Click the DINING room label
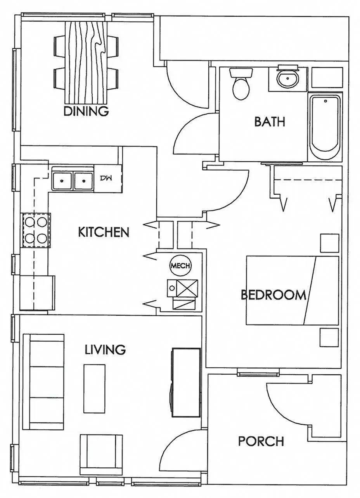click(x=86, y=111)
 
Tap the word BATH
click(x=270, y=122)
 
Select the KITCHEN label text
click(x=104, y=232)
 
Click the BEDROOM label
click(x=273, y=295)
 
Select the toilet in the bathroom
click(x=241, y=84)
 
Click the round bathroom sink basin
click(x=288, y=78)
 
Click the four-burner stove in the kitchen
click(x=36, y=230)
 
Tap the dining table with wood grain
click(x=86, y=62)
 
